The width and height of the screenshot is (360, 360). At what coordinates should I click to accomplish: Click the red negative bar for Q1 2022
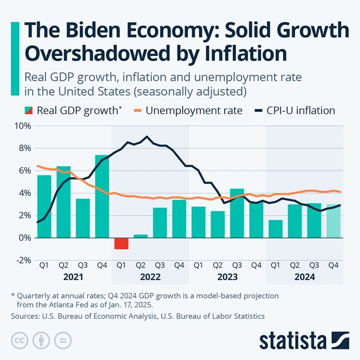coord(121,243)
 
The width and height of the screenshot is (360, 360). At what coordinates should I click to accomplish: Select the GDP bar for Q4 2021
coord(102,196)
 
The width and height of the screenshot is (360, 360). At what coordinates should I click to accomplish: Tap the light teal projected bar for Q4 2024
coord(333,221)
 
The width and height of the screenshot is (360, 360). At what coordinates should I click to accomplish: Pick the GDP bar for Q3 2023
coord(237,213)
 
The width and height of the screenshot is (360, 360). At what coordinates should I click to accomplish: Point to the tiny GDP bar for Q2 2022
coord(141,236)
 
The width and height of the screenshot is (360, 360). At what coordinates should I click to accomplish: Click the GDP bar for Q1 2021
coord(44,206)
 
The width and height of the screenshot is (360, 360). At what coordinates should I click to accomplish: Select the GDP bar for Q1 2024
coord(275,229)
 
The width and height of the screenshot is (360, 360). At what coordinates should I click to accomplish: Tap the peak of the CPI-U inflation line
coord(147,136)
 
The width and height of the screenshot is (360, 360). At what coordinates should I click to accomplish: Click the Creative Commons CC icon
coord(20,340)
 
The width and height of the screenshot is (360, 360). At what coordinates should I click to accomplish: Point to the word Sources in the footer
coord(25,316)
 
